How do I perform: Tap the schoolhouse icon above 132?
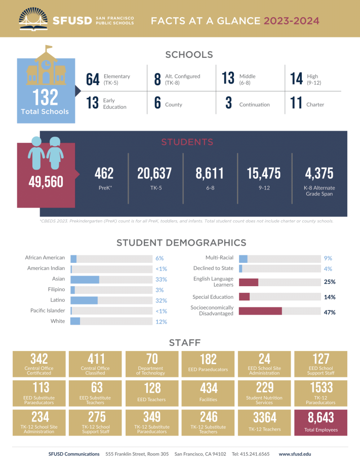click(x=46, y=67)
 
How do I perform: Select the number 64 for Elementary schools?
click(x=93, y=79)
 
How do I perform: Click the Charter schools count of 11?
click(x=296, y=103)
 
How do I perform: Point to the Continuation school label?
click(x=254, y=105)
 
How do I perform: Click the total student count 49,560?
click(x=46, y=181)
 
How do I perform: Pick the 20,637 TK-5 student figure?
click(x=154, y=174)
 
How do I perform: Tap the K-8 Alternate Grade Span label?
click(x=319, y=191)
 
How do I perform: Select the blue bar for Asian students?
click(x=85, y=279)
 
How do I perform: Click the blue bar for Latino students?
click(x=84, y=300)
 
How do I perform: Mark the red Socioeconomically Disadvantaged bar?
click(x=260, y=311)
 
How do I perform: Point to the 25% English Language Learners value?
click(x=330, y=282)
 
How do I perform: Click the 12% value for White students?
click(x=161, y=322)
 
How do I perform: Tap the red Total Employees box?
click(x=321, y=422)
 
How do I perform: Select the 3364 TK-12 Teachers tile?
click(x=265, y=422)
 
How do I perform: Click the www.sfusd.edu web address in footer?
click(x=295, y=454)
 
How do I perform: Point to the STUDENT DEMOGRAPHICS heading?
click(x=181, y=243)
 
